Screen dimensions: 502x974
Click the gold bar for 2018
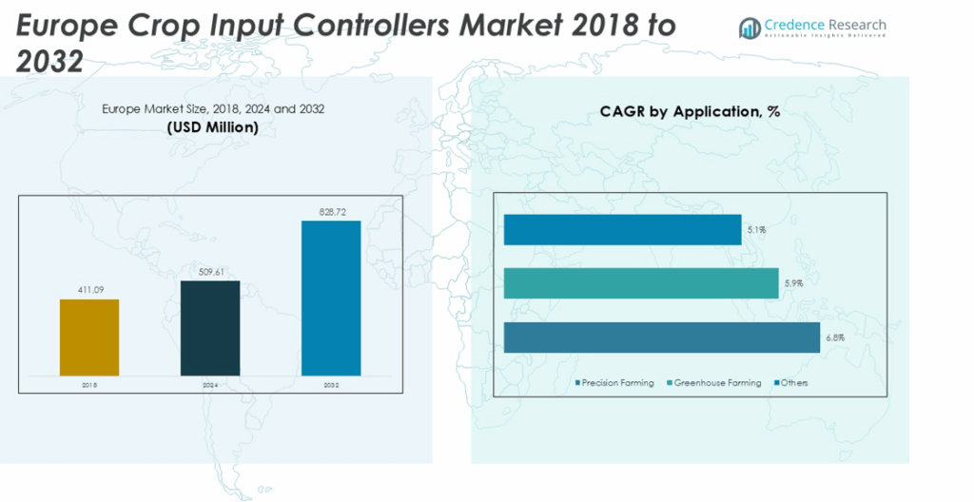tap(89, 337)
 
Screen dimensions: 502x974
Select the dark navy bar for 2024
tap(210, 327)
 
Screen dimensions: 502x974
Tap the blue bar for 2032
tap(331, 298)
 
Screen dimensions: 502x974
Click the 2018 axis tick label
tap(89, 385)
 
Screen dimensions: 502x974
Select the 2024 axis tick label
tap(210, 385)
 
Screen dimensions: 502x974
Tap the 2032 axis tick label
tap(331, 385)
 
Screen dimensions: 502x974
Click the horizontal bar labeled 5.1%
tap(622, 229)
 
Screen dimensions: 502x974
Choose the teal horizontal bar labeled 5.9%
tap(640, 283)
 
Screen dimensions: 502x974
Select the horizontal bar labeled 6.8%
tap(661, 338)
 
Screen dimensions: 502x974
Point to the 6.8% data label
tap(834, 338)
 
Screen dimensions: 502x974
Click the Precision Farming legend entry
tap(617, 383)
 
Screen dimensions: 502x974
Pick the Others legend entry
tap(792, 383)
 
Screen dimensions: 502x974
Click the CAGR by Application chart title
tap(690, 112)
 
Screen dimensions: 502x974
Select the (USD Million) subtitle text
tap(213, 127)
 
